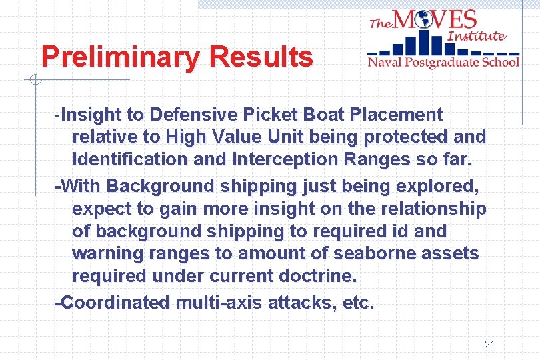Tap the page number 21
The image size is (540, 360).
coord(490,344)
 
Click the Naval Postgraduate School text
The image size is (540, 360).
coord(443,63)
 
